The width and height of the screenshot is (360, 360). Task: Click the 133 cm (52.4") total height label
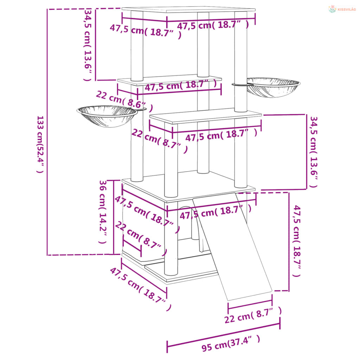point(40,144)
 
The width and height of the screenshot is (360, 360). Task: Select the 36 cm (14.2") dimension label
point(103,212)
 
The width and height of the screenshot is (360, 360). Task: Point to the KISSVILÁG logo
point(342,9)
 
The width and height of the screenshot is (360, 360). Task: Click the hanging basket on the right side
point(273,87)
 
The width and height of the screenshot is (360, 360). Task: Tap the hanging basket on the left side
point(107,116)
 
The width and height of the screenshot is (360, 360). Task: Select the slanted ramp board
point(232,246)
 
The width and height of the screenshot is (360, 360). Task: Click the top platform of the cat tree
point(188,9)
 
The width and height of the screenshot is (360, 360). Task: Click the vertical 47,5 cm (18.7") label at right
point(297,241)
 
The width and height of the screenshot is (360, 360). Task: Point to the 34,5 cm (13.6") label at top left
point(88,45)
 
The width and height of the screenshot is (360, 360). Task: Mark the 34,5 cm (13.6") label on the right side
point(313,152)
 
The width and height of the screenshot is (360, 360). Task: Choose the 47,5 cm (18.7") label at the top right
point(213,25)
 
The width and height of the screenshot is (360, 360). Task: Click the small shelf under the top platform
point(169,79)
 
